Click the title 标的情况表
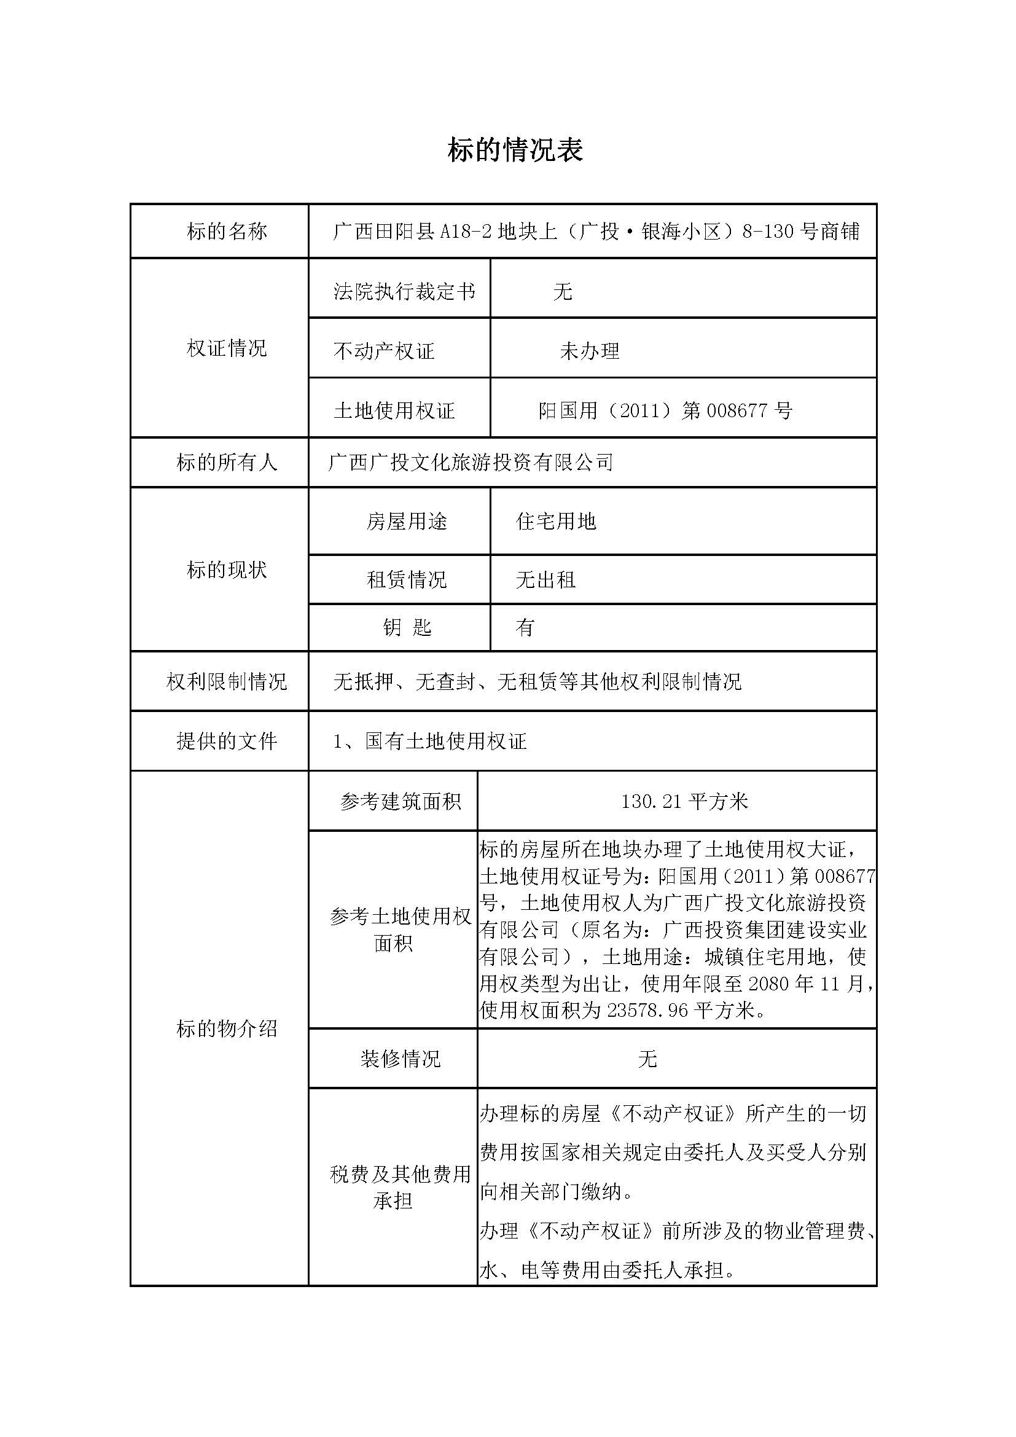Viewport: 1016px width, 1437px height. (515, 150)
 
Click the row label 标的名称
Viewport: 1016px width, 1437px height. (227, 232)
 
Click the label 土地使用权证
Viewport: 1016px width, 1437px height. (394, 410)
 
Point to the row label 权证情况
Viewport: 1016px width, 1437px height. (227, 348)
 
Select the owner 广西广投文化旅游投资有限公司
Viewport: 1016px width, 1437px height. (471, 463)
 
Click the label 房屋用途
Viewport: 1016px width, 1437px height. (407, 521)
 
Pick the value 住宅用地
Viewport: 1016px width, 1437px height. (555, 521)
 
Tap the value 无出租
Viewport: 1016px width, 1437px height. (545, 579)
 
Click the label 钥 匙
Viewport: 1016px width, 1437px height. (407, 627)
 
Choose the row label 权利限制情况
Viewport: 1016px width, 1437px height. (227, 681)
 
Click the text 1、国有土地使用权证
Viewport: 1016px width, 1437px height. (430, 741)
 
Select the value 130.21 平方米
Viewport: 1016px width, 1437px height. (684, 801)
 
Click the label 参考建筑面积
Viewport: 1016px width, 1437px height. (401, 801)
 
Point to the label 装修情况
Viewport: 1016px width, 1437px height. (401, 1059)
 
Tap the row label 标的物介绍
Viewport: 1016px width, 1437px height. (227, 1028)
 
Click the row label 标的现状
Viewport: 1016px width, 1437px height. (227, 570)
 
